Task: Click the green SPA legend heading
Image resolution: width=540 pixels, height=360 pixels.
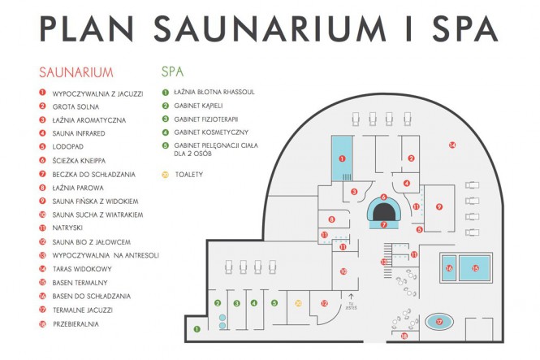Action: pos(173,72)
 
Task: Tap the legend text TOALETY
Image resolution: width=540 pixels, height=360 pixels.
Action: pos(188,174)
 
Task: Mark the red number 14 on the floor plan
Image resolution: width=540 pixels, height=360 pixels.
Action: pos(452,145)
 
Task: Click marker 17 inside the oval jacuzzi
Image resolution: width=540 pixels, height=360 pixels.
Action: pos(439,322)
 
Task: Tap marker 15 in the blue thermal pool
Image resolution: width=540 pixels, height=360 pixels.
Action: pos(477,267)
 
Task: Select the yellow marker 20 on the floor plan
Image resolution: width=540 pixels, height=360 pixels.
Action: pos(299,303)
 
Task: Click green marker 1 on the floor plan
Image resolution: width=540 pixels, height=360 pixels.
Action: pos(197,329)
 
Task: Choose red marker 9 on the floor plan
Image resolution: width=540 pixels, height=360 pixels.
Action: pos(439,206)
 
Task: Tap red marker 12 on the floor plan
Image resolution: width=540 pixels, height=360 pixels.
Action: pos(324,303)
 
